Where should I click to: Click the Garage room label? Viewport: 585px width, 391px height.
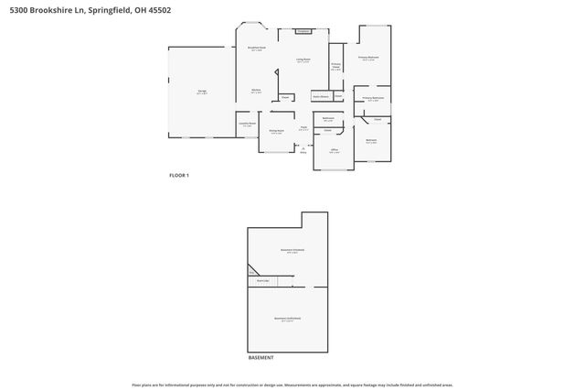(x=201, y=92)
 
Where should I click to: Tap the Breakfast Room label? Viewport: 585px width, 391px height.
(x=257, y=47)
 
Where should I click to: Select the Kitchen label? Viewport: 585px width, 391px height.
(x=257, y=90)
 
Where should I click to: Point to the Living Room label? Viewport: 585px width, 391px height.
(x=303, y=60)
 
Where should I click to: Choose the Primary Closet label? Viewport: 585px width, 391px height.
(x=336, y=66)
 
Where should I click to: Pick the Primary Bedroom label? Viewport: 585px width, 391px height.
(x=368, y=58)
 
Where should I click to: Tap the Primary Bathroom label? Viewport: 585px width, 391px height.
(x=372, y=98)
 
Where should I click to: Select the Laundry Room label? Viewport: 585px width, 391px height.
(x=248, y=125)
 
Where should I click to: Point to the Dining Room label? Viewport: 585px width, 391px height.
(x=276, y=131)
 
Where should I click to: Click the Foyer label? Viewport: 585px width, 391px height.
(x=303, y=128)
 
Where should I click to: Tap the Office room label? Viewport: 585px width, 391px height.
(x=335, y=151)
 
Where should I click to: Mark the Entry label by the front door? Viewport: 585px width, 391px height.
(x=303, y=152)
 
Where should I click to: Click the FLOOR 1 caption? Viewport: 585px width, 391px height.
(x=179, y=175)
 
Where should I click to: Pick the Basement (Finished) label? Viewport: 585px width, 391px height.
(x=292, y=249)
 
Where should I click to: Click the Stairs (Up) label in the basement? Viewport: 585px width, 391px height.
(x=263, y=282)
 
